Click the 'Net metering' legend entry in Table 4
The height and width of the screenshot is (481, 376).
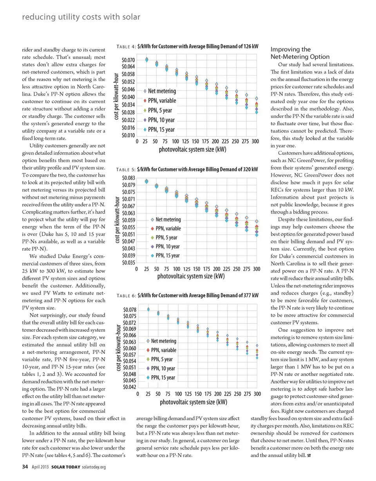pos(161,91)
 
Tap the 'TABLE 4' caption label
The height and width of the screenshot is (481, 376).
pos(126,46)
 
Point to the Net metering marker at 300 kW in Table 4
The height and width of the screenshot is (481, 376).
pos(257,98)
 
